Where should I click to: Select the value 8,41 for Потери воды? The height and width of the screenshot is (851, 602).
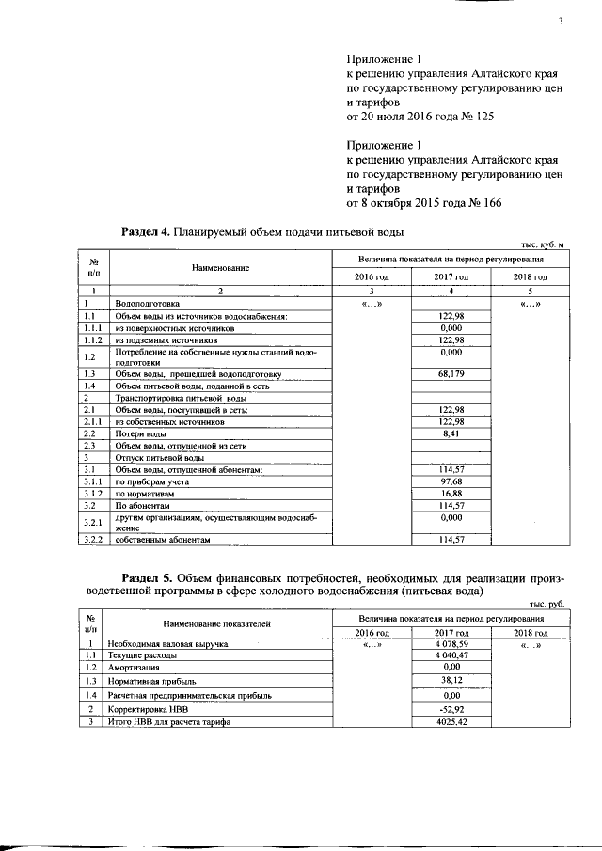point(452,435)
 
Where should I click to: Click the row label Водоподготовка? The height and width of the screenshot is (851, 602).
point(140,305)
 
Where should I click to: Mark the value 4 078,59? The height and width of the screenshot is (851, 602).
point(452,644)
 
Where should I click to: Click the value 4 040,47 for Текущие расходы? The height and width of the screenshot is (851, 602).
point(452,654)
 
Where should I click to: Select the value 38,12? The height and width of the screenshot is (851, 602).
point(452,680)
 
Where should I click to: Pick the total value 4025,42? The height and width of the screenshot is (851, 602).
point(452,721)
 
